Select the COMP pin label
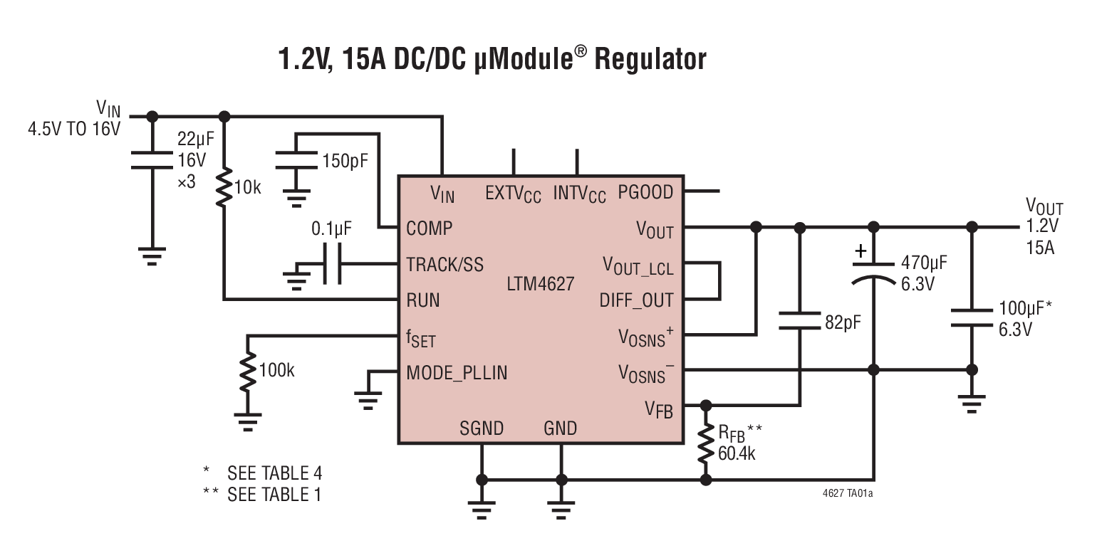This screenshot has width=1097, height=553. click(x=430, y=228)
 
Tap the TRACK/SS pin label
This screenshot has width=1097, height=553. click(x=444, y=265)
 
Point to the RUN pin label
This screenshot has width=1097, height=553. click(x=423, y=300)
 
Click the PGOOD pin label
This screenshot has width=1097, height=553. click(x=645, y=192)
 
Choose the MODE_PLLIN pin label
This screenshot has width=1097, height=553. click(x=457, y=372)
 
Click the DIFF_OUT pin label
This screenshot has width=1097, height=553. click(x=636, y=300)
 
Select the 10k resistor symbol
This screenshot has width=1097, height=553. click(x=224, y=187)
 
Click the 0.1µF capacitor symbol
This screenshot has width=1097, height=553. click(x=331, y=265)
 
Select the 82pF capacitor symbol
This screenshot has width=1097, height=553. click(x=800, y=320)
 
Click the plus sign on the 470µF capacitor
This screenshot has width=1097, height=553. click(x=861, y=251)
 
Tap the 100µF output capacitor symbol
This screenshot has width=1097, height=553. click(x=971, y=319)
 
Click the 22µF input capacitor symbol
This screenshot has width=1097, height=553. click(x=151, y=162)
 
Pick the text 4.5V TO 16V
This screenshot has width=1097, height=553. click(x=74, y=130)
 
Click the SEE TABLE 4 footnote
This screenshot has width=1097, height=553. click(x=274, y=473)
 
